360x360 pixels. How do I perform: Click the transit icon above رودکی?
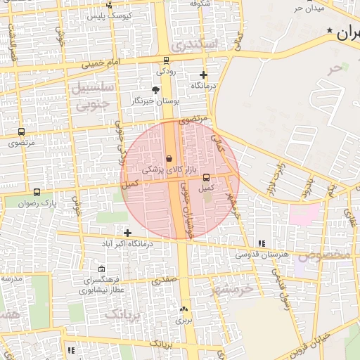pos(166,60)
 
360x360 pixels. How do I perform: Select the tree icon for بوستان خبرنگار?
pos(155,90)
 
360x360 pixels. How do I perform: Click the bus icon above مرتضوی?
pos(21,131)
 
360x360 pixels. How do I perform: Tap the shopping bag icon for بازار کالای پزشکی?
pos(169,159)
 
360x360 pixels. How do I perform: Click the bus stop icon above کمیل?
pos(206,178)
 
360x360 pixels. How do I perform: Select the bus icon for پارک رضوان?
pos(37,192)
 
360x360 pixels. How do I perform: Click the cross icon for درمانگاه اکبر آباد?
pos(127,233)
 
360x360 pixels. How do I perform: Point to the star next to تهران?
pos(330,32)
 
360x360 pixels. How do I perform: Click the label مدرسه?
pos(12,278)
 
